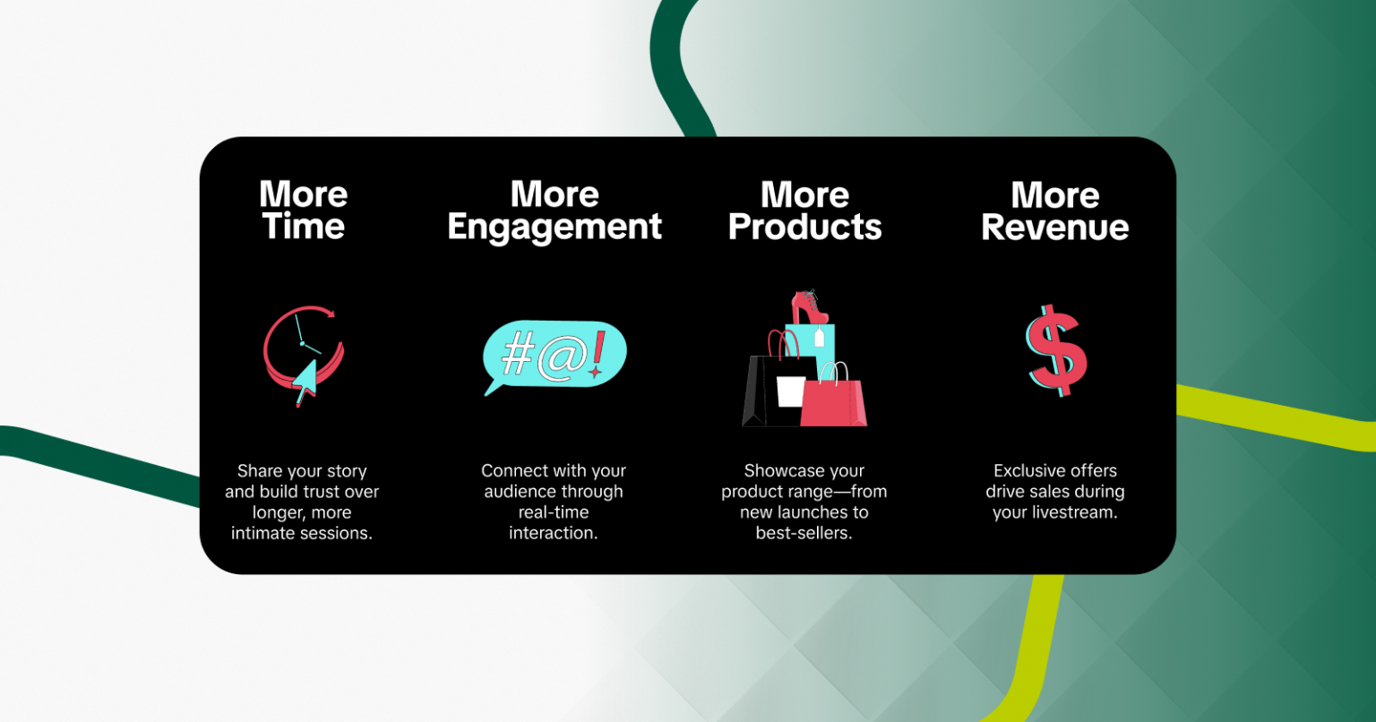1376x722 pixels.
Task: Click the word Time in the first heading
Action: [x=304, y=226]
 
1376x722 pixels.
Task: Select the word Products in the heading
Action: [x=804, y=227]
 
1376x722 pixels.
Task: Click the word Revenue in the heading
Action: [x=1054, y=227]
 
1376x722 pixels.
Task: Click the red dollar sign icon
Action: [x=1056, y=350]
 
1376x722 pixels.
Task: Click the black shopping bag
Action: [x=775, y=391]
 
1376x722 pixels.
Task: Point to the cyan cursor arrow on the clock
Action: [x=305, y=382]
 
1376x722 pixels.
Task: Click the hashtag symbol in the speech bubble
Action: [x=518, y=353]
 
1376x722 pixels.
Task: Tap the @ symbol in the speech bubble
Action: [x=562, y=357]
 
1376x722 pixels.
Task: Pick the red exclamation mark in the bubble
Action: [x=598, y=354]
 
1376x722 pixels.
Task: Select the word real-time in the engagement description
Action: [x=554, y=511]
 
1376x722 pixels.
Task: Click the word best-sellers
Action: [x=804, y=533]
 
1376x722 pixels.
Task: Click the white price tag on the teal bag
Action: [x=820, y=338]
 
